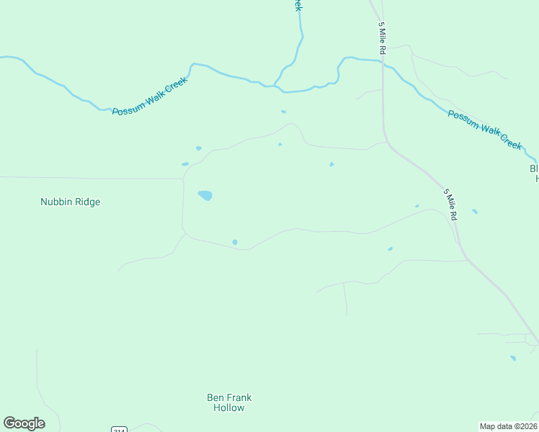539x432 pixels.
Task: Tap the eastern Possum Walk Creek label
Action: (484, 130)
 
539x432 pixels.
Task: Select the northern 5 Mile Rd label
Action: (383, 38)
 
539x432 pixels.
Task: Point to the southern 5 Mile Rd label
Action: (450, 204)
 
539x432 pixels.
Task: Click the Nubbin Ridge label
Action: (70, 202)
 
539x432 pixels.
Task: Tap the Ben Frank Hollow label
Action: (229, 402)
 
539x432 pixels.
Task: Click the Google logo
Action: (24, 423)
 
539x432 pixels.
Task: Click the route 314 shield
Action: (120, 429)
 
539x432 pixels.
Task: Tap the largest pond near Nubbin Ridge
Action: (205, 195)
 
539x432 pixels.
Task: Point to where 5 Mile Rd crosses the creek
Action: (383, 63)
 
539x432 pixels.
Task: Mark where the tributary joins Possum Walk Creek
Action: (276, 87)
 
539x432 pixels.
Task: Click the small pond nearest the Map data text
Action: (513, 358)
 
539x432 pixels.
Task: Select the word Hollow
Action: (229, 408)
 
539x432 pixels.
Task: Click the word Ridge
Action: (86, 202)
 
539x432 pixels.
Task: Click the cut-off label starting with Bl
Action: (534, 174)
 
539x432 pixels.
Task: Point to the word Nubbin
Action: (55, 202)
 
